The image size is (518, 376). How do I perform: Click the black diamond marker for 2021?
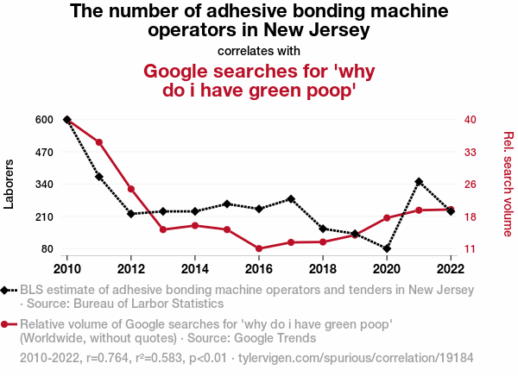click(419, 182)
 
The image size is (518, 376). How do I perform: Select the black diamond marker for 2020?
click(387, 248)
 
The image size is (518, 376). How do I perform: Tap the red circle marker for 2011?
click(99, 142)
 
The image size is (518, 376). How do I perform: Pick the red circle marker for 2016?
click(259, 248)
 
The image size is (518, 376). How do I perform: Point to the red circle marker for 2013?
click(163, 229)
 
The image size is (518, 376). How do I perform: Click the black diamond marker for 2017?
click(291, 199)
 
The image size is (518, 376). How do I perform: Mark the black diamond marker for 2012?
click(131, 214)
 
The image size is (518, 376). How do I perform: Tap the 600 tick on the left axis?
click(44, 120)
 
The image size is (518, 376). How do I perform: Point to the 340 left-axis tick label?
click(44, 185)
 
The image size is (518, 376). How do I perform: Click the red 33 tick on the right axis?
click(471, 152)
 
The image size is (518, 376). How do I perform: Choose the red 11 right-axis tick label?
click(471, 249)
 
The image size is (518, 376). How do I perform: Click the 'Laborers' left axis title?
click(9, 185)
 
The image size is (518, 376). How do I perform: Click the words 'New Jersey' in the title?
click(319, 30)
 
